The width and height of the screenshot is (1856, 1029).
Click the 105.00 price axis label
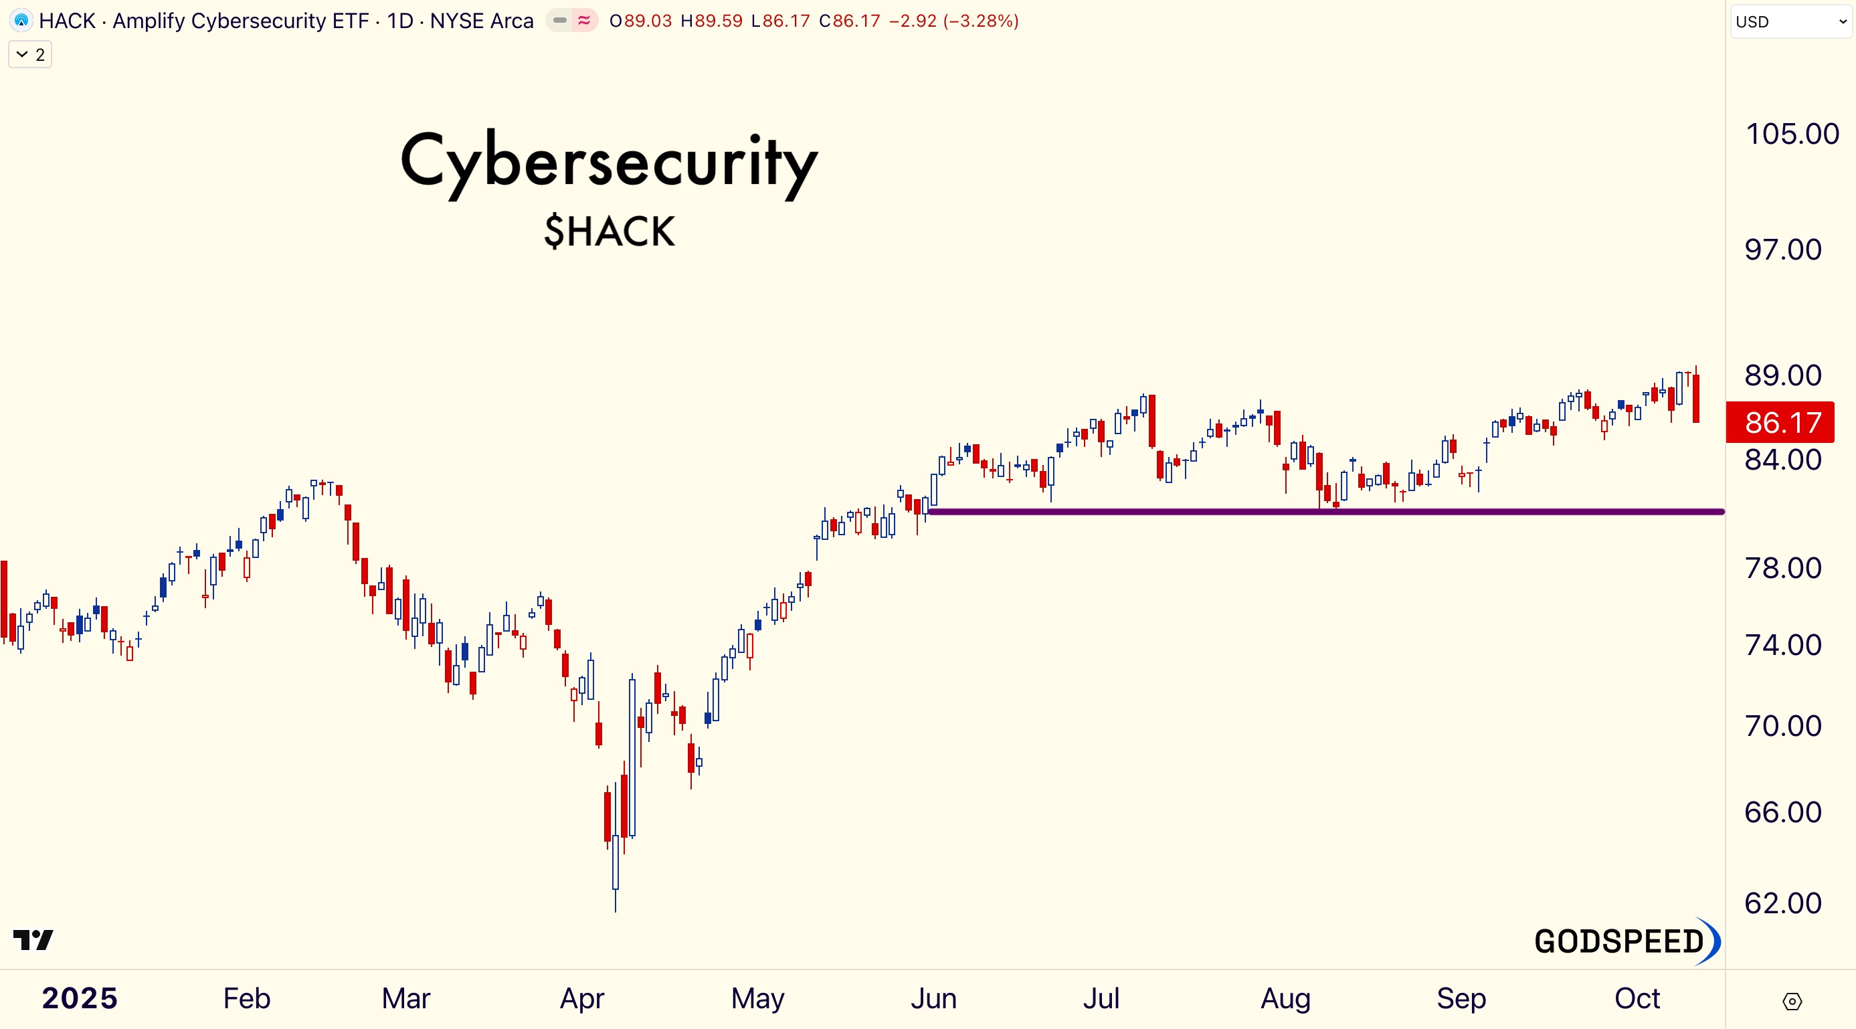click(x=1791, y=134)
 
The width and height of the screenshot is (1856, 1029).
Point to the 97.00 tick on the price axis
click(x=1782, y=250)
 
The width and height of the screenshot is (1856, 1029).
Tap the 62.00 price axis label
click(x=1782, y=903)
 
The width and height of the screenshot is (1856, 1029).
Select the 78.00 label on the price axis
click(x=1782, y=569)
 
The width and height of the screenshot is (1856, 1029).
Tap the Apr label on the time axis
click(x=581, y=999)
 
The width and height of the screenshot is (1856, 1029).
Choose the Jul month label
click(x=1100, y=999)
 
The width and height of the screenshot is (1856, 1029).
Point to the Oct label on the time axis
click(x=1637, y=999)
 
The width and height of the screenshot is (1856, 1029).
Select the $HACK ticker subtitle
click(x=609, y=231)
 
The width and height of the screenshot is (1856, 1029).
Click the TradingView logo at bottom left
click(x=33, y=939)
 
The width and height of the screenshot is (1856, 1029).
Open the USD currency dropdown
click(x=1790, y=21)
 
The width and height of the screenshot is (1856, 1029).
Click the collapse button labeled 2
click(x=30, y=55)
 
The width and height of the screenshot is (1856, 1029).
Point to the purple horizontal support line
click(x=1325, y=512)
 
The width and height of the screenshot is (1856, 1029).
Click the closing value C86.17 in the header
click(x=850, y=21)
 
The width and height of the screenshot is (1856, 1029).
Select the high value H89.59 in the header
click(x=711, y=21)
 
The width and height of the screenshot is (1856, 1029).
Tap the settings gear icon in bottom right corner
click(x=1791, y=1001)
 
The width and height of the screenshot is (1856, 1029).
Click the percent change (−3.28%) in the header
click(x=981, y=21)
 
